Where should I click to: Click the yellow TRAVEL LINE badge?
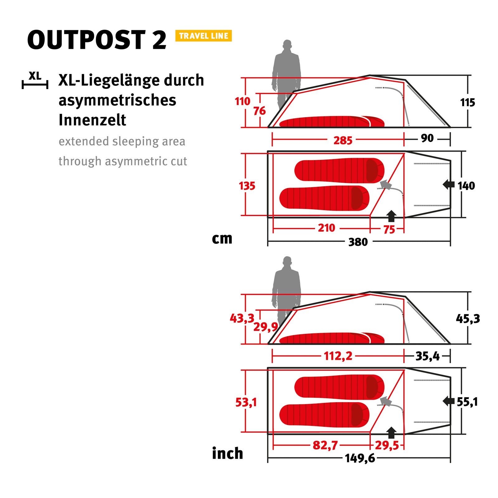(x=204, y=36)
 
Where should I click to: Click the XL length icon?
(x=35, y=80)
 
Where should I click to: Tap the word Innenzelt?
(x=92, y=120)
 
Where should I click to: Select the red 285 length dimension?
(x=343, y=140)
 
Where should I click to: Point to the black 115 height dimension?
(x=467, y=102)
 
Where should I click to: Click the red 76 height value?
(x=259, y=111)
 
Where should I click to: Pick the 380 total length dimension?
(x=358, y=242)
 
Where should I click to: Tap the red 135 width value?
(x=247, y=186)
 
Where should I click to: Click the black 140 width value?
(x=466, y=186)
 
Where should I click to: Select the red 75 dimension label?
(x=389, y=229)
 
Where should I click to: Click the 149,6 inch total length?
(x=360, y=458)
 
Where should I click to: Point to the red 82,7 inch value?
(x=325, y=445)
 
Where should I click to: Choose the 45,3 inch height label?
(x=468, y=318)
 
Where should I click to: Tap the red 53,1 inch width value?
(x=246, y=402)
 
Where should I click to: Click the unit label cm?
(x=222, y=239)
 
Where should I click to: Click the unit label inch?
(x=227, y=453)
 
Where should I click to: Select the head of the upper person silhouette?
(x=287, y=45)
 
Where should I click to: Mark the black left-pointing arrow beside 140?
(x=449, y=185)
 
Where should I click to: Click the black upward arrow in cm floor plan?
(x=391, y=216)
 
